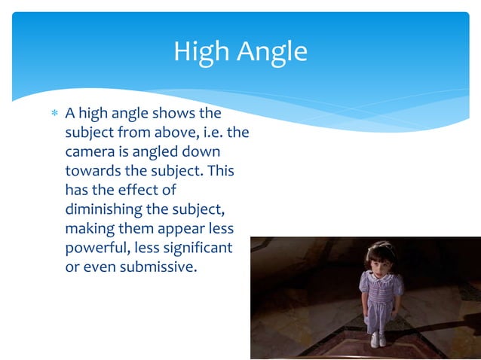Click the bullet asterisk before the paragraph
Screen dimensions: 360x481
point(53,114)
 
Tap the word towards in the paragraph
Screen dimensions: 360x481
point(93,171)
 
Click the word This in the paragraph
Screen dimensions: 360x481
point(221,171)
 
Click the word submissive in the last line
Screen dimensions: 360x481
point(158,267)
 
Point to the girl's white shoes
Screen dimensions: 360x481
point(379,340)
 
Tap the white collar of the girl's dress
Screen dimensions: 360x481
point(381,277)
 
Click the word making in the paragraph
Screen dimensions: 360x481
point(91,228)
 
